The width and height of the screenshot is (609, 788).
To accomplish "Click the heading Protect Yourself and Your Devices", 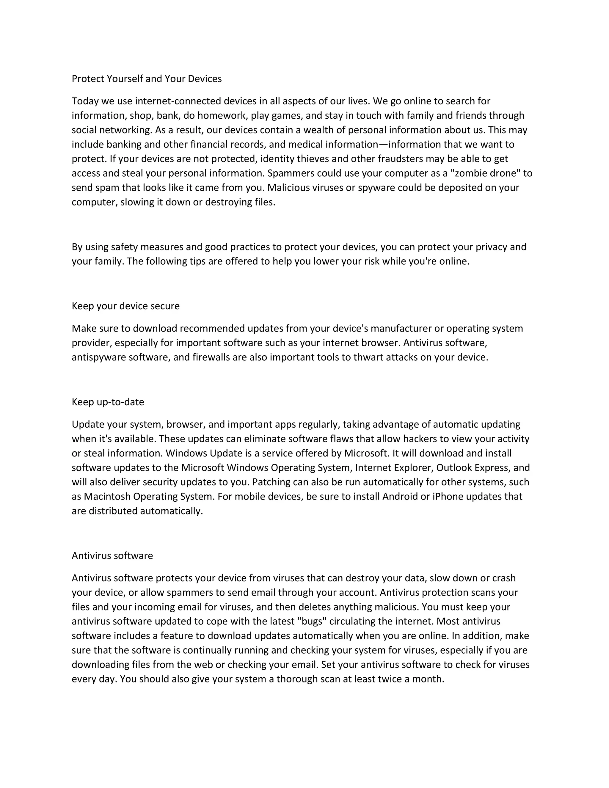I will coord(147,79).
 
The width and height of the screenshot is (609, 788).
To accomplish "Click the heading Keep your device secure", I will coord(125,306).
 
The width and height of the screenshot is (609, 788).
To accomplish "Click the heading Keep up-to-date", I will coord(108,402).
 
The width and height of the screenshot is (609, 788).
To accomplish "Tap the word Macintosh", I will coord(107,497).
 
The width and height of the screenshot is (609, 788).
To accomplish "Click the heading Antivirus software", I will coord(112,556).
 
